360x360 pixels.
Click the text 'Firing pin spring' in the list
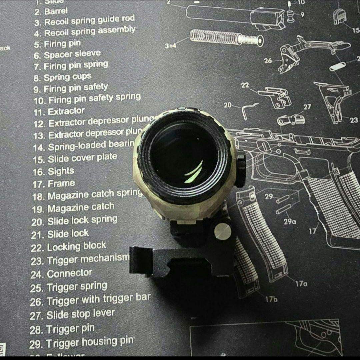click(x=76, y=65)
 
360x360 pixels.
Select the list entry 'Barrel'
click(x=56, y=12)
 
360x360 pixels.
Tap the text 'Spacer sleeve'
click(x=72, y=54)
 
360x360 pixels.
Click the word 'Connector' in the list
click(x=69, y=274)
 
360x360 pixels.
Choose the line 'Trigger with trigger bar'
click(x=99, y=300)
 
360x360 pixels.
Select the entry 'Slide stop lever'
click(x=81, y=314)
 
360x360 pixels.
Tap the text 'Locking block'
click(x=76, y=247)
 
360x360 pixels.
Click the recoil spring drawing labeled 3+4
click(x=226, y=38)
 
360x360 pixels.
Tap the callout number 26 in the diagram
click(x=268, y=61)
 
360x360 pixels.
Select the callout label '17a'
click(x=301, y=284)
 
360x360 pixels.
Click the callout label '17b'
click(x=271, y=299)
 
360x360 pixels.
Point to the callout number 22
click(x=245, y=85)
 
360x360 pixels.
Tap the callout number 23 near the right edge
click(x=354, y=120)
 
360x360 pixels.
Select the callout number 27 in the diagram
click(x=307, y=107)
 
